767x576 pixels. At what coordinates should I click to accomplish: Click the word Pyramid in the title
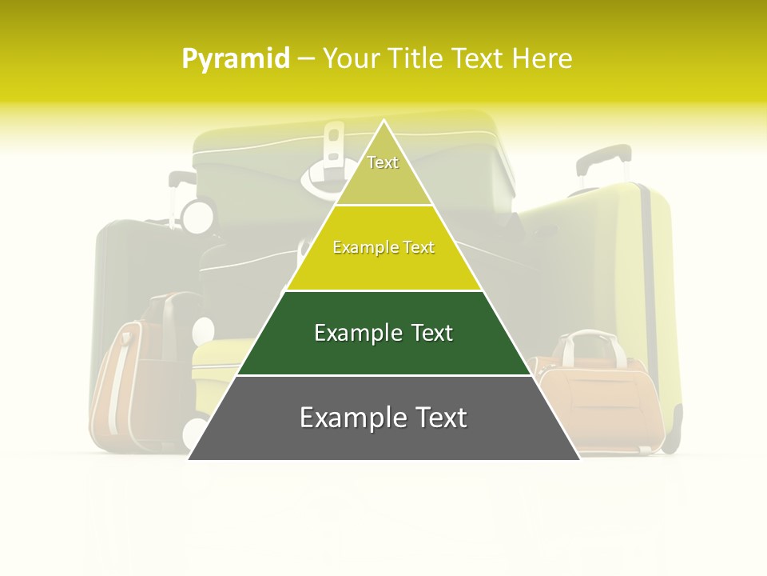click(x=236, y=59)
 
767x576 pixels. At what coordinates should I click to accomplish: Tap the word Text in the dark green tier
click(x=431, y=333)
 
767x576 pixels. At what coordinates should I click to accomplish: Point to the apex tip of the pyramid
click(x=384, y=122)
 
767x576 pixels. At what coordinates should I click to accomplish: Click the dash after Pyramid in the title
click(x=306, y=59)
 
